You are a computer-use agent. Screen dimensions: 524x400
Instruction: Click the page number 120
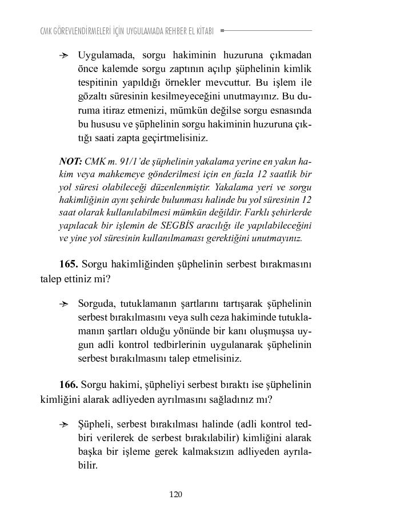[175, 494]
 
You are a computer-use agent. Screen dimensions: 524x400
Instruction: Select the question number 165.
[69, 264]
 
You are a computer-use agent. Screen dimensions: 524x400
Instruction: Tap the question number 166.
[69, 384]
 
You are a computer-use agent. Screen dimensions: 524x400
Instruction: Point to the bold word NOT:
[70, 162]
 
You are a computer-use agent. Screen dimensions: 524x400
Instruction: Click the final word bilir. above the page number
[88, 466]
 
